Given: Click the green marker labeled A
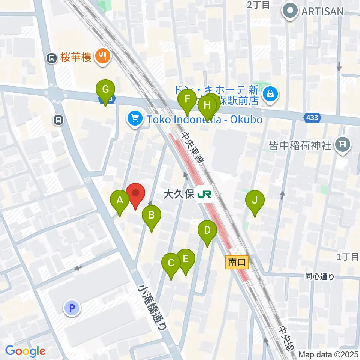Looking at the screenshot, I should (120, 200).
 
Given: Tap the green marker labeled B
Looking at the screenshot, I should (151, 216).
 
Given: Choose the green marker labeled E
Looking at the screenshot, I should (186, 259).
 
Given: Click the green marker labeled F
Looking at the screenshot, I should (187, 100).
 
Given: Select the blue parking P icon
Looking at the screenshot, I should (72, 308).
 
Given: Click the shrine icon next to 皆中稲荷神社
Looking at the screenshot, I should (343, 145).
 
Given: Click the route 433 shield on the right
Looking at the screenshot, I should (312, 118).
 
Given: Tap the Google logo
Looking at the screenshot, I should (25, 351).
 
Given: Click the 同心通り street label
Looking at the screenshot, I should (319, 277).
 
